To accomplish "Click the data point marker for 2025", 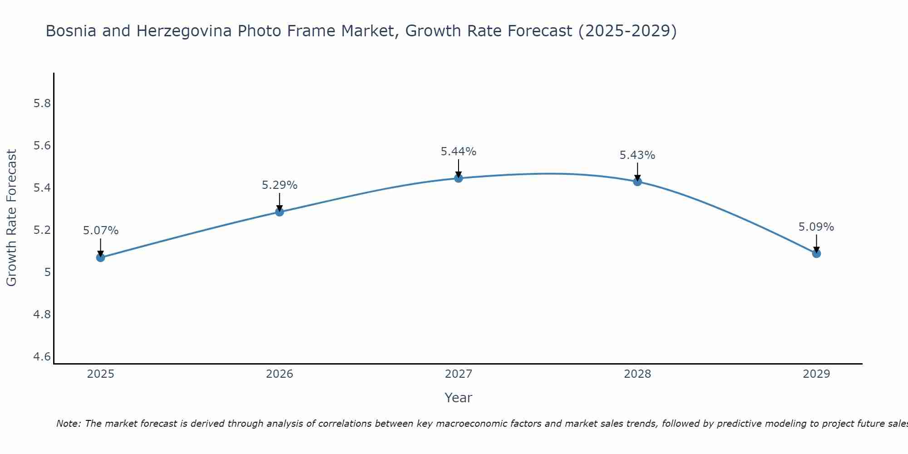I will tap(100, 257).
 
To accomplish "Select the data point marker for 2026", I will tap(279, 212).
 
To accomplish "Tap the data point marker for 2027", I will tap(458, 178).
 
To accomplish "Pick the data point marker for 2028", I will tap(637, 182).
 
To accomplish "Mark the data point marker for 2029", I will tap(816, 253).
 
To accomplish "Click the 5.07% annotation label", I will tap(100, 231).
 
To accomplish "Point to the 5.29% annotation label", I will tap(279, 185).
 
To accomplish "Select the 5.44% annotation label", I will tap(458, 152).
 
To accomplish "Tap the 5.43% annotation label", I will tap(637, 155).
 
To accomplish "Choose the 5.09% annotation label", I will tap(816, 227).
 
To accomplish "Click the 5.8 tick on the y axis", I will tap(42, 104).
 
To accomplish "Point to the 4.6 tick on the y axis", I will tap(42, 357).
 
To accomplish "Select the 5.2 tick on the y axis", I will tap(42, 230).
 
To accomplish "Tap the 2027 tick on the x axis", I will tap(458, 374).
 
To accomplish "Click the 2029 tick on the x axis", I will tap(816, 374).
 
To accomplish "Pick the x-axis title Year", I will tap(458, 398).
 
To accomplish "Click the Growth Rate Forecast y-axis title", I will tap(11, 217).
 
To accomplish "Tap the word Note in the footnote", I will tap(68, 424).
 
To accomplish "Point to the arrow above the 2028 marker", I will tap(637, 171).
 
